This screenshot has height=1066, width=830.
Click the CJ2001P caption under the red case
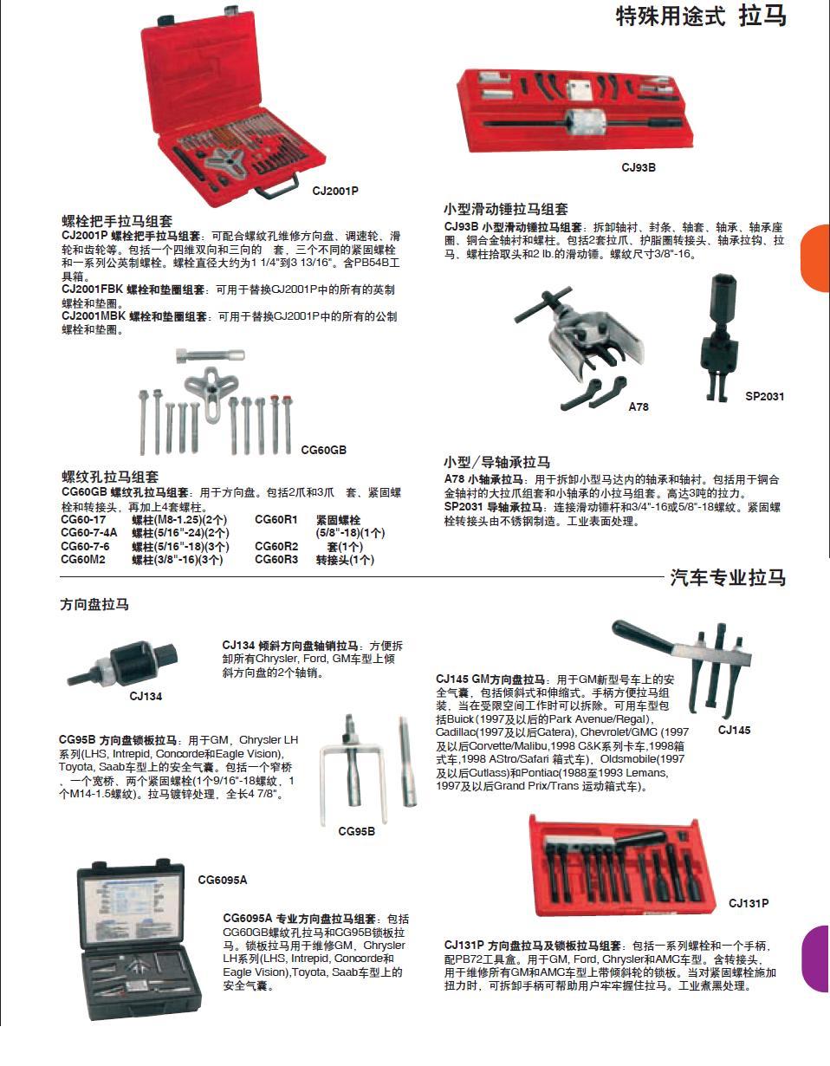335,191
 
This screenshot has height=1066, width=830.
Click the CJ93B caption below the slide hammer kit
639,168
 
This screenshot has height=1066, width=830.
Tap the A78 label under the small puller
639,406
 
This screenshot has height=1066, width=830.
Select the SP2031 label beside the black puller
764,397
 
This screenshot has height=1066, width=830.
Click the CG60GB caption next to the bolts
323,450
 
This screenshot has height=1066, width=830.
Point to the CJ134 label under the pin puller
146,696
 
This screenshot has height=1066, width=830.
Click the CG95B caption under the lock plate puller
356,831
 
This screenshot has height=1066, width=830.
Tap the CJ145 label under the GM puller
734,730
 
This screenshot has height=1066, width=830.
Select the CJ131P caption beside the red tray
749,903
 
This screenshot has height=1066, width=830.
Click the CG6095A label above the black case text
222,880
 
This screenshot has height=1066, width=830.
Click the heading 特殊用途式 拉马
700,16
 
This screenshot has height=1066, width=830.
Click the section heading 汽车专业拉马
728,578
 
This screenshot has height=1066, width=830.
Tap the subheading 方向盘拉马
94,605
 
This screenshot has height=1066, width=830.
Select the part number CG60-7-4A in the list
88,533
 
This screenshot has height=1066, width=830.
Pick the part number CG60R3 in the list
276,560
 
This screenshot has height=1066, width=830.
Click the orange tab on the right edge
816,258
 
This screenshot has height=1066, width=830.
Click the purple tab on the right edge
816,959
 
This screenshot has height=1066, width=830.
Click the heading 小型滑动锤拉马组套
506,210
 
